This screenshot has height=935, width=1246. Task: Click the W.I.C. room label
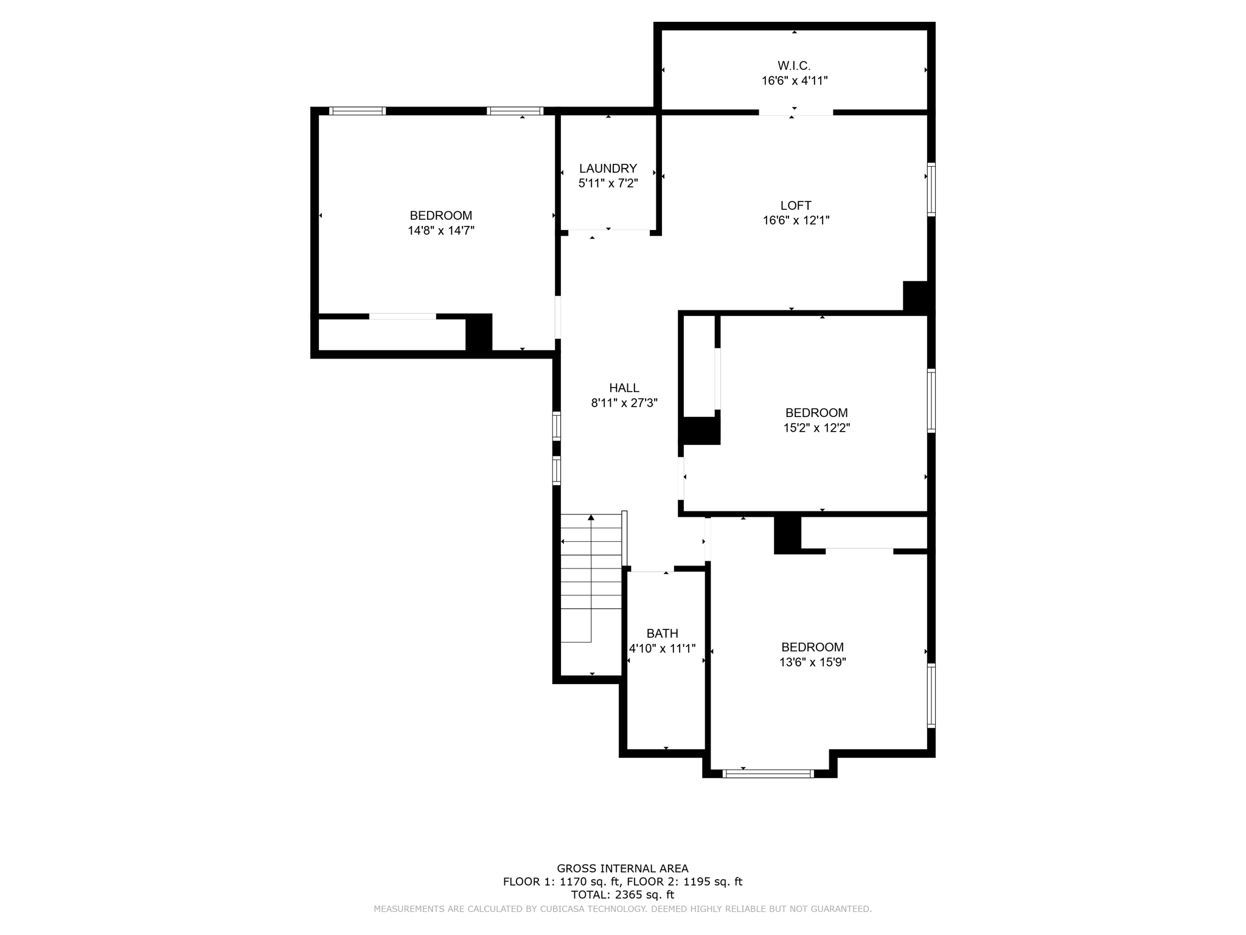coord(794,66)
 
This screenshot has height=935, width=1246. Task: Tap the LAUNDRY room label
coord(608,169)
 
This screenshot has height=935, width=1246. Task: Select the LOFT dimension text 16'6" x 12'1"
coord(796,220)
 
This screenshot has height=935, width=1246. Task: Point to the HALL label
coord(624,388)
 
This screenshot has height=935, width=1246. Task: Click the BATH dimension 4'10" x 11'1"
coord(662,649)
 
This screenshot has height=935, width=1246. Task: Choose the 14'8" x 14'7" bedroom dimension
coord(440,231)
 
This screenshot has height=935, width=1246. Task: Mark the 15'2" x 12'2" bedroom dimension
coord(816,428)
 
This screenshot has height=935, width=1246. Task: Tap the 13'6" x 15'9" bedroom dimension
coord(812,662)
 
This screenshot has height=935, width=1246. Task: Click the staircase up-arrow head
coord(591,517)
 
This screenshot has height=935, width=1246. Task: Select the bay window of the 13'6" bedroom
coord(768,774)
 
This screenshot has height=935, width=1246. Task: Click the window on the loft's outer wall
coord(931,189)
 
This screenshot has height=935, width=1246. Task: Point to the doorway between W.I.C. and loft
coord(795,113)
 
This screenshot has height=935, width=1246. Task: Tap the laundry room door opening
coord(608,231)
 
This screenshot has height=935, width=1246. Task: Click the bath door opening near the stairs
coord(650,570)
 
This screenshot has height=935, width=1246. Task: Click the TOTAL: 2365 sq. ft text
coord(622,895)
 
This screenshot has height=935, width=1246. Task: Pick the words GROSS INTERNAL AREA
coord(622,869)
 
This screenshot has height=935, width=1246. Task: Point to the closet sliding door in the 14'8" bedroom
coord(402,317)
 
